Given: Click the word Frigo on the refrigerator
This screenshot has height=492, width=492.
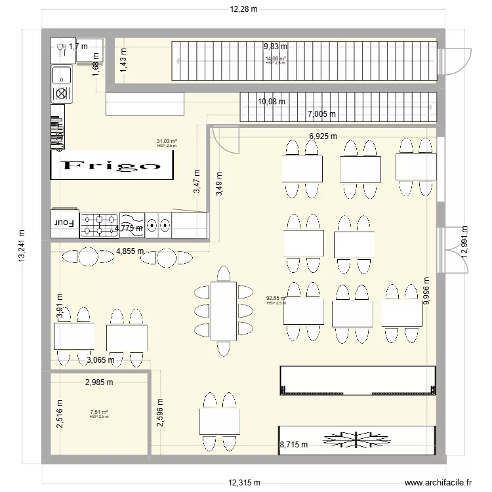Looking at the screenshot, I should pos(112,166).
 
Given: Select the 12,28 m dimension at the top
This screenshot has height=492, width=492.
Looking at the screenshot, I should pos(243,9).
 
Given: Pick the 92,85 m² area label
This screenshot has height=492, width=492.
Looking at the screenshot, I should pos(276,298).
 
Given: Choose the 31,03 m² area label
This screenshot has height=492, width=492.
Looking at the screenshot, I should pos(167,141).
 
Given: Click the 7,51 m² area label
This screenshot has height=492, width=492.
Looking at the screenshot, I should pos(99,413).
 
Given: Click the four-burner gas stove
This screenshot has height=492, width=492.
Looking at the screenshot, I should pos(98,224).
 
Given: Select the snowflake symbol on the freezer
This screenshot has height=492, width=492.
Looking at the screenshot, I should pos(357,438).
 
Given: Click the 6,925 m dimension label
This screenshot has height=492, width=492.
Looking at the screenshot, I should pos(323,136).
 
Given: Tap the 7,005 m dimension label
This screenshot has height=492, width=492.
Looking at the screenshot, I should pos(321,114).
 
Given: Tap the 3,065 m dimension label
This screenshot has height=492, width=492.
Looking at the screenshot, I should pos(100,359).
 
